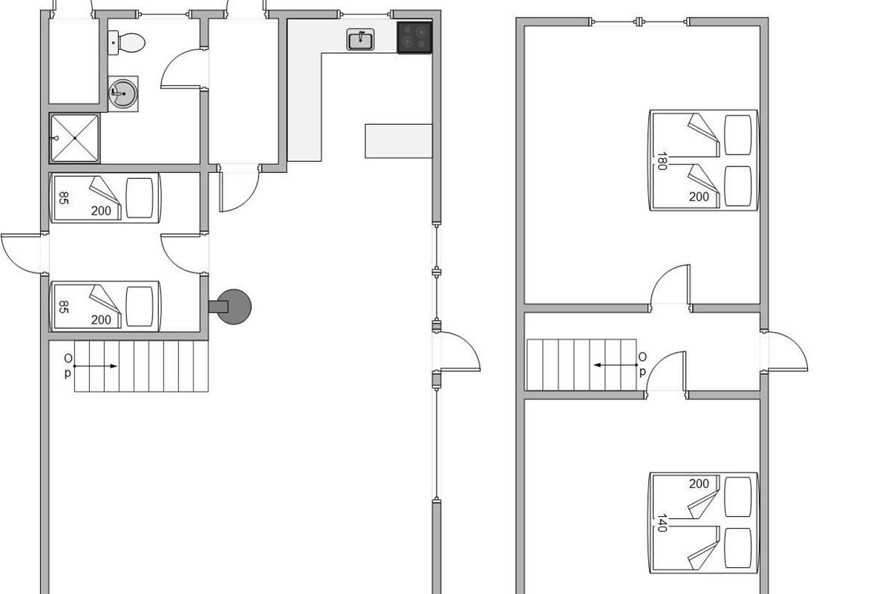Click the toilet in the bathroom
click(126, 42)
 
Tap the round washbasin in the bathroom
click(123, 94)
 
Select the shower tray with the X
click(75, 138)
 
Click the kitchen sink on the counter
click(360, 40)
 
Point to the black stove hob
click(414, 37)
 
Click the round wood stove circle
click(235, 307)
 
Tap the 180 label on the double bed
click(662, 160)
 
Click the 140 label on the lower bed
click(662, 523)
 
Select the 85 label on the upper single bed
click(64, 198)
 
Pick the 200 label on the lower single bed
click(101, 319)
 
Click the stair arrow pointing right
click(96, 366)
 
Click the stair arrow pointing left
click(615, 365)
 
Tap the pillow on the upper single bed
click(140, 198)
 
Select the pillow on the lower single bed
click(140, 307)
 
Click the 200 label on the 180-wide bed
click(699, 197)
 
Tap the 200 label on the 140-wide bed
click(699, 483)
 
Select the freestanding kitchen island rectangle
click(399, 141)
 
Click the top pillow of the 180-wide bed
click(738, 135)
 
